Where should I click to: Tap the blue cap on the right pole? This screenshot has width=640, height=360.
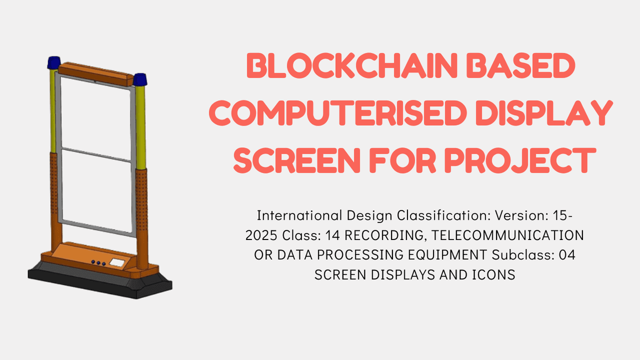(x=141, y=80)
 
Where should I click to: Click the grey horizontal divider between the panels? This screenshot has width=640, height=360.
(x=96, y=156)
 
